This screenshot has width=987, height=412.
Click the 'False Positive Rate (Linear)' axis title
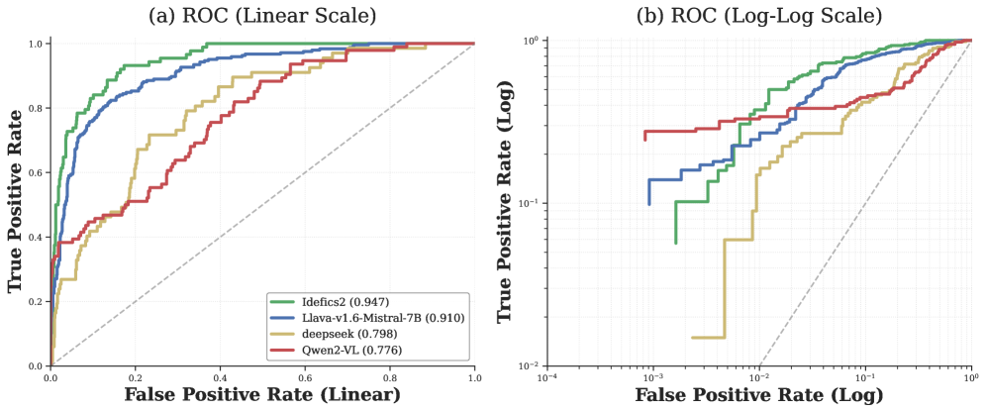click(262, 394)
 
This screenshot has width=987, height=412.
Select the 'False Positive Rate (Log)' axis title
click(758, 394)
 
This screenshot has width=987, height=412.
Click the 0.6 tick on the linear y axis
click(36, 172)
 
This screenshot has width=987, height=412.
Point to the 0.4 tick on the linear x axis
click(220, 378)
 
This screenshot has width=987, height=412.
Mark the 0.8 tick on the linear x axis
click(390, 378)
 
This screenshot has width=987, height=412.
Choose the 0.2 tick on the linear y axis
click(36, 301)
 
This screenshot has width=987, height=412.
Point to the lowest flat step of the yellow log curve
click(708, 338)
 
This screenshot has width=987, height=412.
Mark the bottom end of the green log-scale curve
click(675, 243)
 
